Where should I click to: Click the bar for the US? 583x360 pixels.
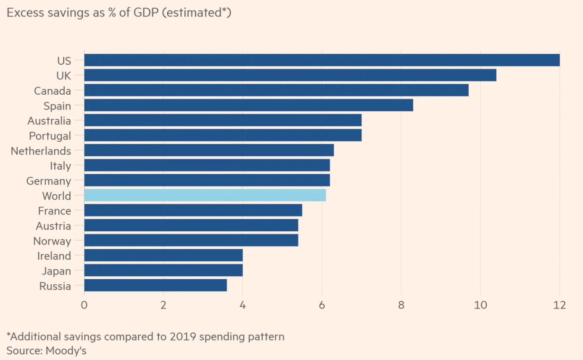pos(322,60)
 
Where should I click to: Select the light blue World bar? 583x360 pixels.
pos(205,195)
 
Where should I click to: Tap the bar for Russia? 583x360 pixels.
pos(155,286)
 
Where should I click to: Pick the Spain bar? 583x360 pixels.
pos(249,105)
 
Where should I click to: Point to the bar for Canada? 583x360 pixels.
pos(276,90)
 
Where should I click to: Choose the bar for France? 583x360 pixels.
pos(193,210)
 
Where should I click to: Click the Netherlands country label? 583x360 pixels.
pos(41,151)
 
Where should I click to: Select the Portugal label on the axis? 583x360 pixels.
pos(50,136)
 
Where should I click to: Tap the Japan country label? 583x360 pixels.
pos(56,271)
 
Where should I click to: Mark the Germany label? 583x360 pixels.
pos(49,181)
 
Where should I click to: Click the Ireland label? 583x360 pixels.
pos(54,256)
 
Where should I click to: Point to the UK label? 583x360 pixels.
pos(64,76)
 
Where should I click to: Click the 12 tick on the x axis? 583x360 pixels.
pos(559,305)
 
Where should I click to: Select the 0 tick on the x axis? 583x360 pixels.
pos(84,305)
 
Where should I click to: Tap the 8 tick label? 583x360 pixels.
pos(401,305)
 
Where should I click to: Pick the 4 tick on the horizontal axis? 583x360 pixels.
pos(243,305)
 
